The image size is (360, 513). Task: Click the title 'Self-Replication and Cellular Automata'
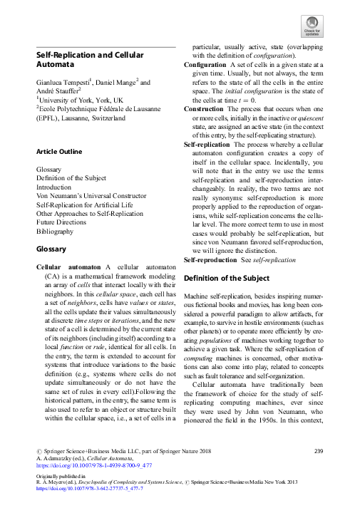[x=90, y=60]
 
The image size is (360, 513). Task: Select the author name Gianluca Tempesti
[x=66, y=83]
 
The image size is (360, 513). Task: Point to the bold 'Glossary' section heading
[x=51, y=249]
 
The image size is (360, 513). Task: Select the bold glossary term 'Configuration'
[x=205, y=65]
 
